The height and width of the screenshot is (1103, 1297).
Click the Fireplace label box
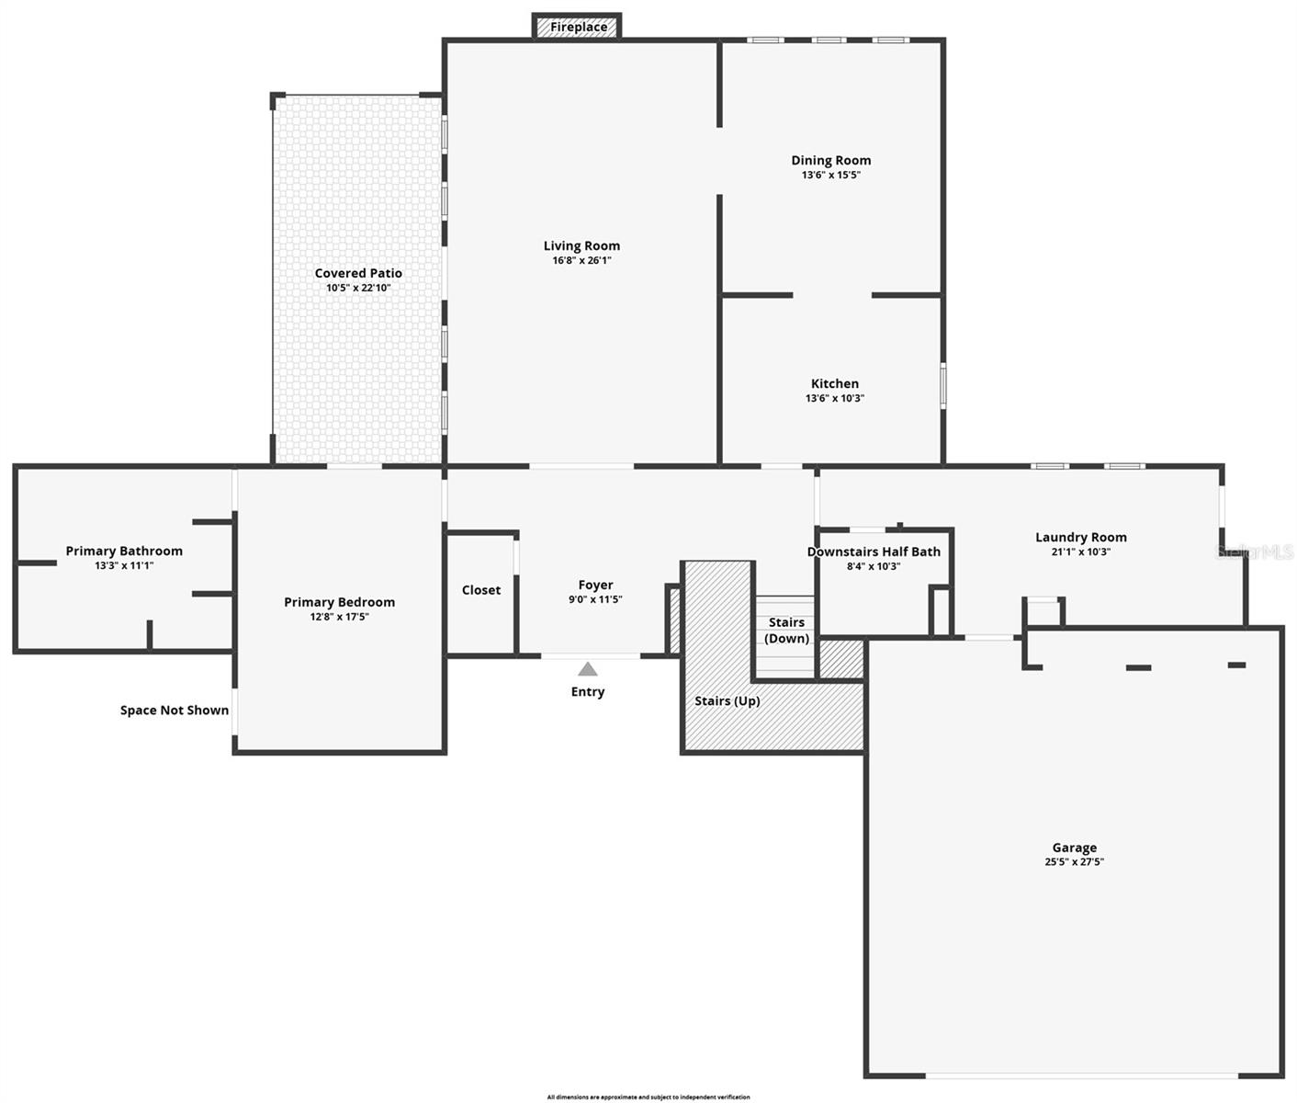(578, 27)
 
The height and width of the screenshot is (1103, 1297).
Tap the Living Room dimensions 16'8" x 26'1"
(581, 260)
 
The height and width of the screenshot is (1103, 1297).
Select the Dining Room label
(830, 160)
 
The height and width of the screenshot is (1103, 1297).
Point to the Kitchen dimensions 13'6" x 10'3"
(834, 398)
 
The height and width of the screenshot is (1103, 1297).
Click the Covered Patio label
(358, 273)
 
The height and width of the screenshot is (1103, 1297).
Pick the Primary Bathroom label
(124, 551)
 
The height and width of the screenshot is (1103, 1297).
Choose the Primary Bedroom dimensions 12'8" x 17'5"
(339, 617)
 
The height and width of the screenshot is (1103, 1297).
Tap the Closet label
(481, 590)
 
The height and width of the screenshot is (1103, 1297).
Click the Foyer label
(595, 585)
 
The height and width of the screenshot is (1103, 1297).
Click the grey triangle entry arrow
(588, 669)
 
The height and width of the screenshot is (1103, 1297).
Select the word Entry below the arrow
(588, 692)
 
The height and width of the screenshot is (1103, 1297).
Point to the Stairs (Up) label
(727, 700)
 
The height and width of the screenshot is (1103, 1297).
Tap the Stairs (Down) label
(786, 631)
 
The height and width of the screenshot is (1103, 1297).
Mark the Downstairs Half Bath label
(874, 551)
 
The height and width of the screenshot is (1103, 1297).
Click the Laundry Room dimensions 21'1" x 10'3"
(1080, 551)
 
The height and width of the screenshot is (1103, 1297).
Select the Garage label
(1074, 847)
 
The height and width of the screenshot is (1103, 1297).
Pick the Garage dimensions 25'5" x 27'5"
(1074, 862)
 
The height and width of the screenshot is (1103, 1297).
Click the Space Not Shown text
(175, 711)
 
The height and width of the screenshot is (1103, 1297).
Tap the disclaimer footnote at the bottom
(648, 1097)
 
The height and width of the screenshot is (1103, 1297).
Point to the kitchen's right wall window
(942, 384)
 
